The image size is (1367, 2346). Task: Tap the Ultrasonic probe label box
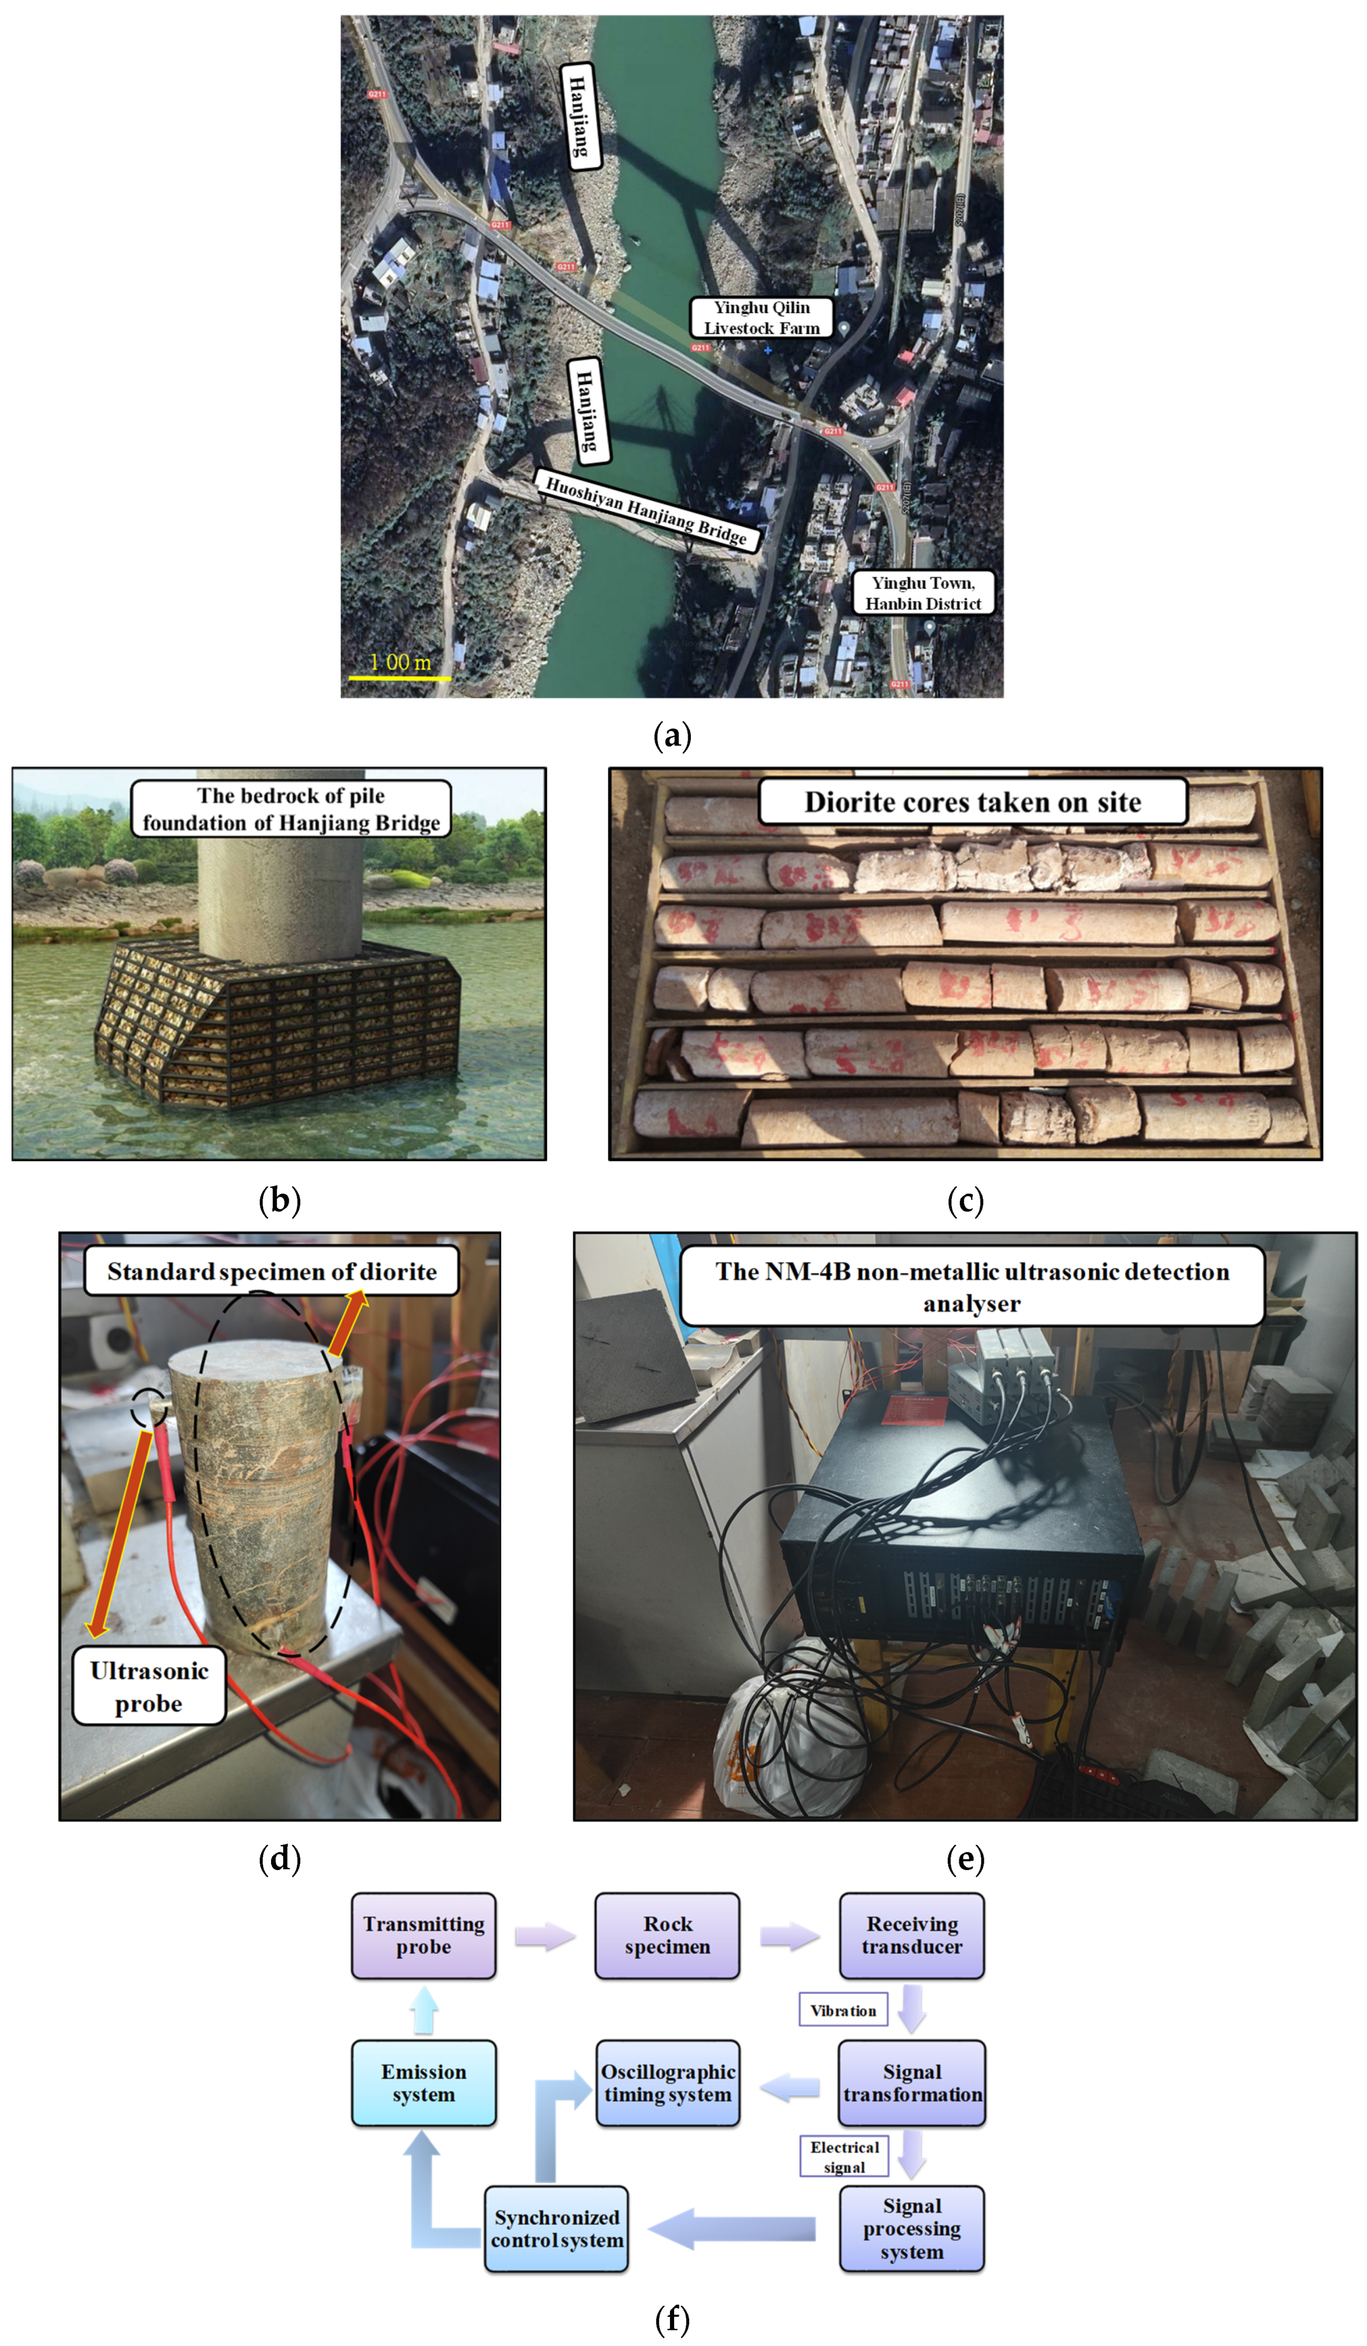pyautogui.click(x=149, y=1687)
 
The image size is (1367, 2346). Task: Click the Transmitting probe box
pyautogui.click(x=423, y=1935)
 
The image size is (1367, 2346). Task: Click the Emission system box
pyautogui.click(x=423, y=2083)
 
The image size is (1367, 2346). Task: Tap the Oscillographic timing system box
pyautogui.click(x=668, y=2083)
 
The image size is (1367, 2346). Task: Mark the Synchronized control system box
pyautogui.click(x=557, y=2230)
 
